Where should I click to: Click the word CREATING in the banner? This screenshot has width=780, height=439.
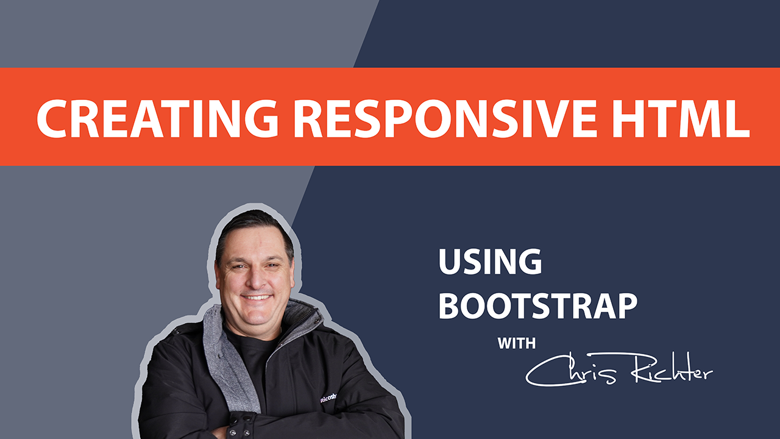pos(157,118)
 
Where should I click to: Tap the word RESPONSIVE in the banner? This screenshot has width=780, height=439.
pos(445,118)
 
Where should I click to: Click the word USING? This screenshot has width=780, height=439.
pos(490,262)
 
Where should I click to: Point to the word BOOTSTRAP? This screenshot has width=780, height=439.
pos(538,305)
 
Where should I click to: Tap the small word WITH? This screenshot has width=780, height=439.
pos(516,343)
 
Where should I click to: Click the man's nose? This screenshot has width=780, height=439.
pos(257,279)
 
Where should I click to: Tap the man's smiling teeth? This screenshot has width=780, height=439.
pos(257,298)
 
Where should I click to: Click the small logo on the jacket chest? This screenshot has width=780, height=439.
pos(328,398)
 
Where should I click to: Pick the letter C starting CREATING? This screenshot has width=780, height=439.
pos(52,118)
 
